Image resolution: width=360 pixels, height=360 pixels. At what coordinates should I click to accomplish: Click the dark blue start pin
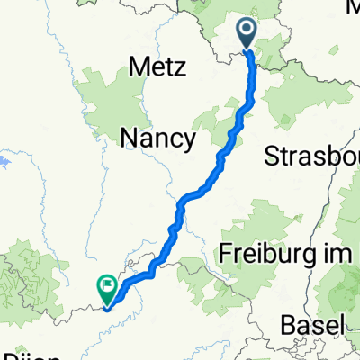[x=248, y=36]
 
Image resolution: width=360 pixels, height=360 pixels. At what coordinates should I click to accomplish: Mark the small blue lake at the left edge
[x=4, y=163]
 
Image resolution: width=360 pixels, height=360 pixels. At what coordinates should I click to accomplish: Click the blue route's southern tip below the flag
[x=107, y=309]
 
